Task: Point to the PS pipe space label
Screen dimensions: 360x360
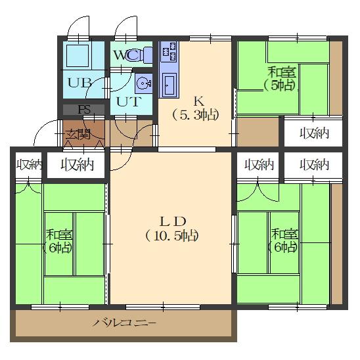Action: pyautogui.click(x=83, y=110)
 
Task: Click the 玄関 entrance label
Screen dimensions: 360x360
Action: pyautogui.click(x=78, y=135)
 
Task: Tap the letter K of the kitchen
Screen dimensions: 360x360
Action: pyautogui.click(x=196, y=101)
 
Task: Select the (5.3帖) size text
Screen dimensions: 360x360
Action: pyautogui.click(x=196, y=114)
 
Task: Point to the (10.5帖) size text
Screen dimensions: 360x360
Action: pyautogui.click(x=173, y=235)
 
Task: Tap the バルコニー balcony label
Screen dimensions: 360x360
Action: pyautogui.click(x=124, y=324)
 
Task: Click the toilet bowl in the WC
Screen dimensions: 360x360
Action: pyautogui.click(x=135, y=56)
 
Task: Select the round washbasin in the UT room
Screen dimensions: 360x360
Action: pyautogui.click(x=143, y=84)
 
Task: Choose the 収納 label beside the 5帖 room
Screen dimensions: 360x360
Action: pyautogui.click(x=314, y=133)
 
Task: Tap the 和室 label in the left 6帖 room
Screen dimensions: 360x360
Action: pyautogui.click(x=59, y=234)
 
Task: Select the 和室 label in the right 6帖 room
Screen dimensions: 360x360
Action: pyautogui.click(x=284, y=233)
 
